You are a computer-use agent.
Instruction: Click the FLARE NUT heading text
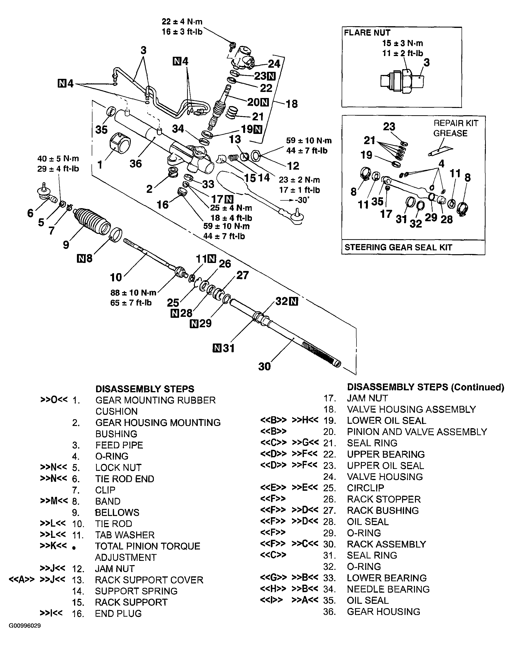(367, 33)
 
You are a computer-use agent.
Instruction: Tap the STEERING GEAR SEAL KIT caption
(398, 247)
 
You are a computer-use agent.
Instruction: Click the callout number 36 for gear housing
(135, 164)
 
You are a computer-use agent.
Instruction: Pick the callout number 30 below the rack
(264, 366)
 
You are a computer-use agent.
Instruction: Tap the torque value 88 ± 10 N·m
(133, 293)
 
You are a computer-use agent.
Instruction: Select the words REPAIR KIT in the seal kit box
(456, 123)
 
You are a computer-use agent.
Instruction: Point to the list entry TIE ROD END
(124, 479)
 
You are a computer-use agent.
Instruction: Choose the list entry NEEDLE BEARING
(388, 589)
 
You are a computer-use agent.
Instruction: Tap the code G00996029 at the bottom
(25, 626)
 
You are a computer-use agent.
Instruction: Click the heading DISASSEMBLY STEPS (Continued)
(425, 387)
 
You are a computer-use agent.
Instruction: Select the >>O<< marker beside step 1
(54, 400)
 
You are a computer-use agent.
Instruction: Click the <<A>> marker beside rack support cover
(22, 580)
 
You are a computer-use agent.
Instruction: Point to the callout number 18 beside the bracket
(291, 104)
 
